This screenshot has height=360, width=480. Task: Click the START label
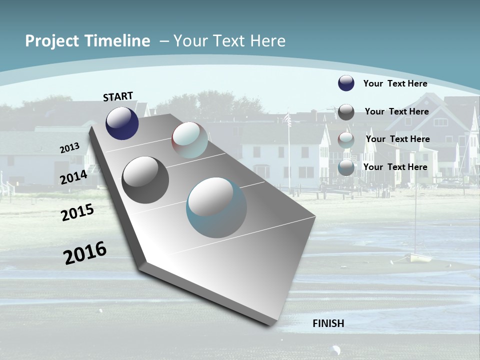coord(118,96)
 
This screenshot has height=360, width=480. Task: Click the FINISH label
coord(328,323)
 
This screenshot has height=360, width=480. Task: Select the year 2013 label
coord(70,148)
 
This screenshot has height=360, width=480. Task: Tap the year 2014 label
coord(73,177)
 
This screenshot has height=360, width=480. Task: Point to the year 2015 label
coord(77,212)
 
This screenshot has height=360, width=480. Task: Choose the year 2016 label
coord(85,253)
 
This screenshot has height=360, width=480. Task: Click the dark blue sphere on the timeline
coord(122,123)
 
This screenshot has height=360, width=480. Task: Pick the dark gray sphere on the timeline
coord(145,180)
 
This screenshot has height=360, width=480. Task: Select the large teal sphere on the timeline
coord(216,207)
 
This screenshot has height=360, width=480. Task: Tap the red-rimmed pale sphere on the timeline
coord(189,140)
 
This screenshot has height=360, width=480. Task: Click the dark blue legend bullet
coord(346,83)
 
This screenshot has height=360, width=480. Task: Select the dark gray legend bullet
coord(346,112)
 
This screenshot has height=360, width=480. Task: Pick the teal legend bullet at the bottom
coord(346,167)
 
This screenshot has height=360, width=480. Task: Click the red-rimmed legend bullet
coord(346,139)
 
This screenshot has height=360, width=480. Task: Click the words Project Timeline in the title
coord(87,41)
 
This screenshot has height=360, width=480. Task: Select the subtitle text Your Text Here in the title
coord(229,41)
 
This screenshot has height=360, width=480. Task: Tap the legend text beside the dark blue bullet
coord(395,83)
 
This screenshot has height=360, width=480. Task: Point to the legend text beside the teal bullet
coord(395,167)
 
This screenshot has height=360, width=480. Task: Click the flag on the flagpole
coord(287,119)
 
